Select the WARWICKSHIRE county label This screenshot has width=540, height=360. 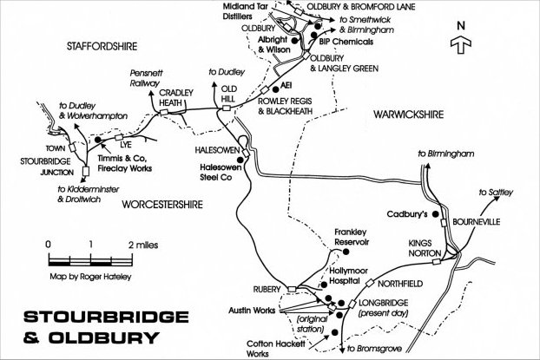click(408, 114)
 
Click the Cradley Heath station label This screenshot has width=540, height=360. click(174, 100)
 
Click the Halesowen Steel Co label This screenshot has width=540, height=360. click(219, 173)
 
